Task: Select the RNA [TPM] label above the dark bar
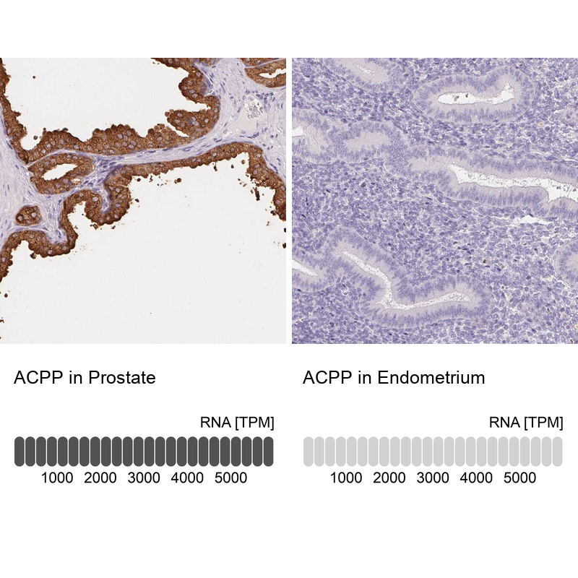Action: click(x=237, y=423)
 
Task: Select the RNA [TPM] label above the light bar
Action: click(x=526, y=423)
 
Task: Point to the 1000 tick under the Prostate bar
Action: click(x=57, y=478)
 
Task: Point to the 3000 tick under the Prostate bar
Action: click(x=144, y=478)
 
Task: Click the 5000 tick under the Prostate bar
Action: click(x=230, y=478)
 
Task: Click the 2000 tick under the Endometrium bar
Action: click(x=389, y=478)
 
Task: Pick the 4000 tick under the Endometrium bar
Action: click(x=476, y=478)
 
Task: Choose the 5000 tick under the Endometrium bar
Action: click(x=519, y=478)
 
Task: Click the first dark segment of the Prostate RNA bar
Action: click(x=20, y=451)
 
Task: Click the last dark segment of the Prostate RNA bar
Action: click(x=269, y=451)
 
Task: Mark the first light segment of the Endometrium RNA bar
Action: click(x=309, y=451)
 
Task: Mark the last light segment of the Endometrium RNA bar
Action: click(x=558, y=451)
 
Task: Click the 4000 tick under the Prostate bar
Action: click(x=187, y=478)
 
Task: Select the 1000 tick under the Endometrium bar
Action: click(x=346, y=478)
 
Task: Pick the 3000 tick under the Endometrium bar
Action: click(x=433, y=478)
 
